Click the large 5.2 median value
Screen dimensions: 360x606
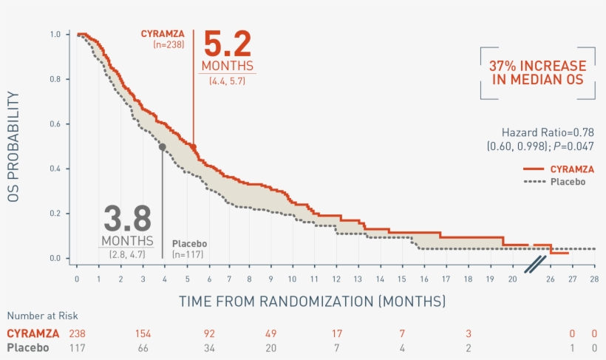(x=228, y=44)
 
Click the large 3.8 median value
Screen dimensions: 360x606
(x=127, y=219)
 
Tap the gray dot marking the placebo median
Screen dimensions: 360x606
(x=163, y=147)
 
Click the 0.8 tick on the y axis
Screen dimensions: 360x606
(x=56, y=79)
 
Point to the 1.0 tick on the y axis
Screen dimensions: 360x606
(x=56, y=35)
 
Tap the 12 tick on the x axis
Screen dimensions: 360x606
(x=336, y=279)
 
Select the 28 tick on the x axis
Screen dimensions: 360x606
(x=594, y=279)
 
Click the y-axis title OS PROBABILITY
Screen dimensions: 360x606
(x=13, y=147)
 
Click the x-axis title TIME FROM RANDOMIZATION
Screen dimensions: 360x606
(x=312, y=302)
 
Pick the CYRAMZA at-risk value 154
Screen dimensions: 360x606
(x=143, y=334)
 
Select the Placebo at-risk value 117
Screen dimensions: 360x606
(x=77, y=347)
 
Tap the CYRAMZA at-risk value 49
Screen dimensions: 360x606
(x=270, y=334)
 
